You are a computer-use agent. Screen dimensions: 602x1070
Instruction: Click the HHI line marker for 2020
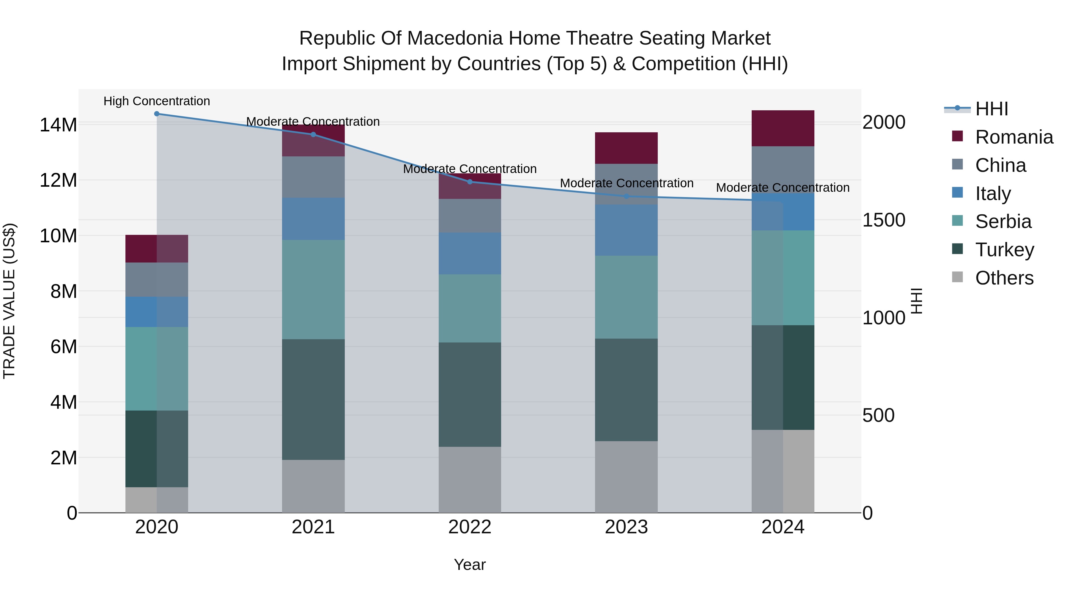point(157,114)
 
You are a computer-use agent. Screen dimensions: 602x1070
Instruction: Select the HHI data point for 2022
point(470,182)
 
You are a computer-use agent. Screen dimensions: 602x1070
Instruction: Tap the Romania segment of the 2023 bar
point(626,148)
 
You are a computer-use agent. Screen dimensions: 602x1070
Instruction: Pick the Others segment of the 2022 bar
point(470,480)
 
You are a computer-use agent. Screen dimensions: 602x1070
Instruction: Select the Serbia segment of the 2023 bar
point(626,297)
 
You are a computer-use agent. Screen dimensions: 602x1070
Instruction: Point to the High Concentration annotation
point(157,101)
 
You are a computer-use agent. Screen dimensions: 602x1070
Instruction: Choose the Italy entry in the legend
point(993,193)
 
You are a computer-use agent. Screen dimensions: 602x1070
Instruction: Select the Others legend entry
point(1004,278)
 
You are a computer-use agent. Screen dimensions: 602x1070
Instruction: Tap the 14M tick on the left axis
point(58,125)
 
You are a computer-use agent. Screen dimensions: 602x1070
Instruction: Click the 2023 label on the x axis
point(626,527)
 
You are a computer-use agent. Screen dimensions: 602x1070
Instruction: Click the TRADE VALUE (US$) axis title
point(9,301)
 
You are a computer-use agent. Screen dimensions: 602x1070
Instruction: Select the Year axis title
point(470,565)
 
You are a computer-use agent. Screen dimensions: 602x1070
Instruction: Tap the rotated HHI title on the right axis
point(916,301)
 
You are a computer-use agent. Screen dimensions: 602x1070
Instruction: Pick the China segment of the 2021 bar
point(313,177)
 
